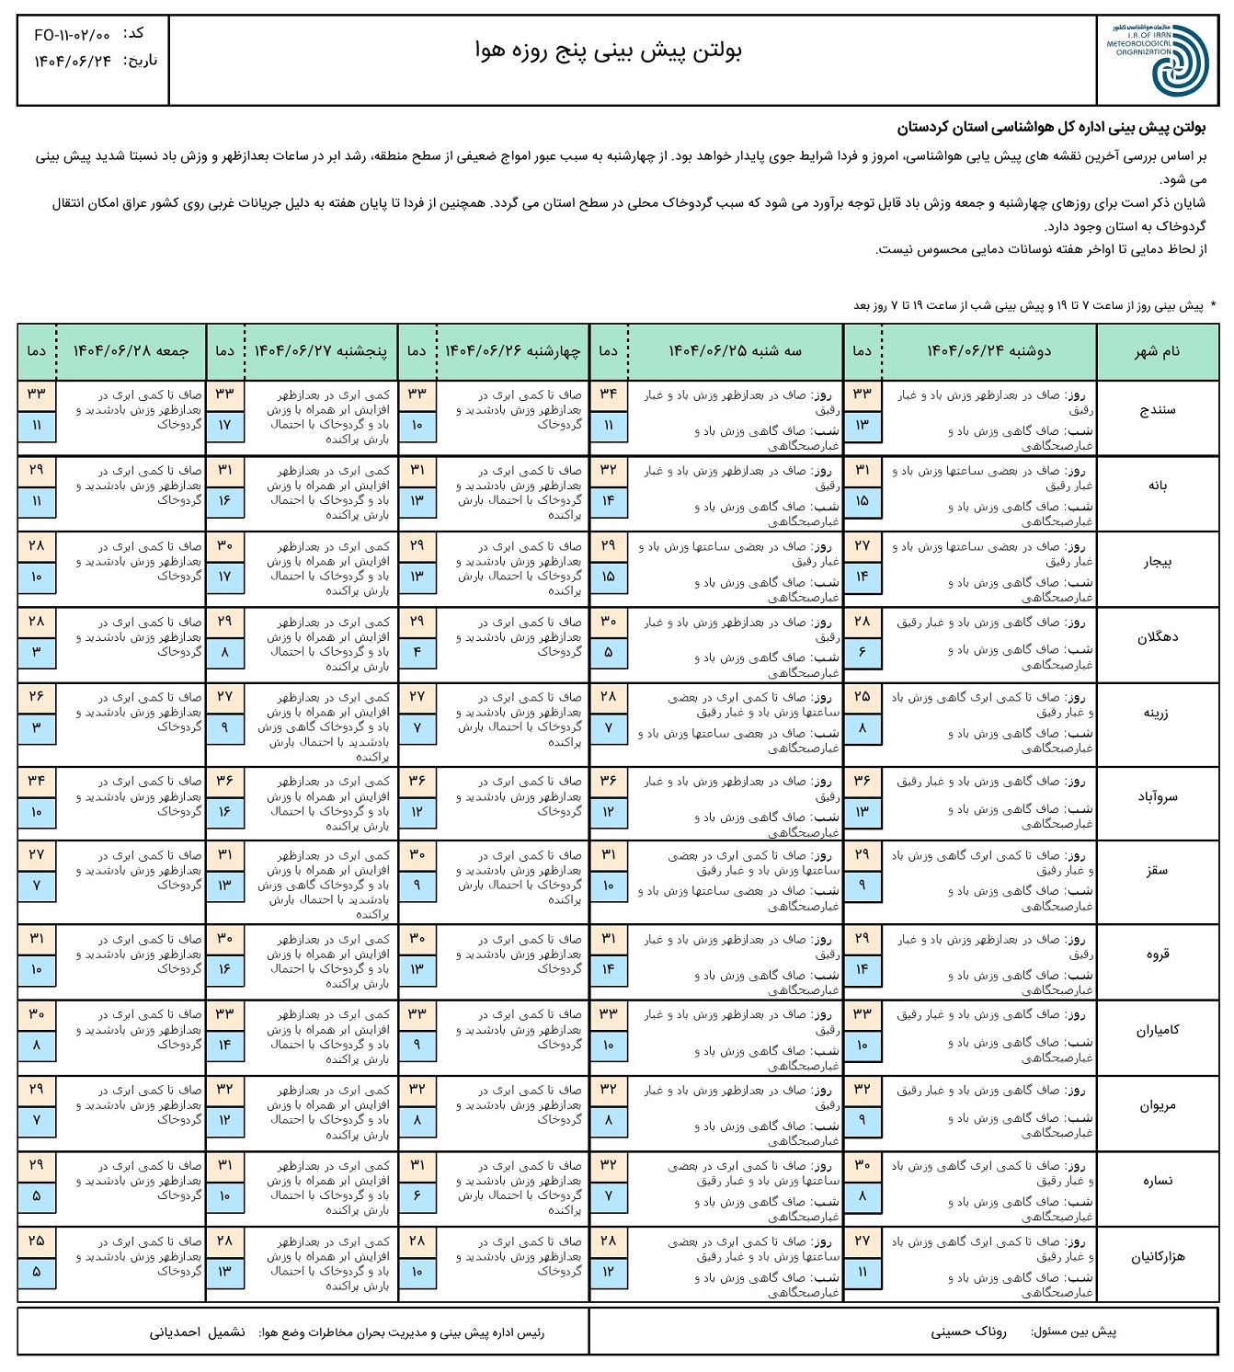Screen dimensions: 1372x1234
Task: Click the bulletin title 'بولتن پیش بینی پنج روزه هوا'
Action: pyautogui.click(x=609, y=51)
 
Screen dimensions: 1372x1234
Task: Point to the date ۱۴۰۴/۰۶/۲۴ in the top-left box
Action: pyautogui.click(x=73, y=62)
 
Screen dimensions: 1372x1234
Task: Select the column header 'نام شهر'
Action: pyautogui.click(x=1157, y=351)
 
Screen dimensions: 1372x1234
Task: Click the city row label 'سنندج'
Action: pyautogui.click(x=1157, y=410)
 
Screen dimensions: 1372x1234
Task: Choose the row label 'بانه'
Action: pyautogui.click(x=1157, y=486)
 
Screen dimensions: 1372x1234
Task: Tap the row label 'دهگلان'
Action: pyautogui.click(x=1157, y=636)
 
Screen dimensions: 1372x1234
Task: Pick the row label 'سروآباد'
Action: pyautogui.click(x=1157, y=796)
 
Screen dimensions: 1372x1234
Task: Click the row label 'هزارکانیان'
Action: pyautogui.click(x=1157, y=1256)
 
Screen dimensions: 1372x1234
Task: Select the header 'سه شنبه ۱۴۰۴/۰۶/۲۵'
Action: pyautogui.click(x=735, y=351)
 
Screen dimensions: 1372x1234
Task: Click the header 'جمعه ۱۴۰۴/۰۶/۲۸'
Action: pyautogui.click(x=131, y=351)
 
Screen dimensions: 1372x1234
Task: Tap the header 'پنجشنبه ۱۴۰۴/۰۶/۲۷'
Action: pyautogui.click(x=320, y=351)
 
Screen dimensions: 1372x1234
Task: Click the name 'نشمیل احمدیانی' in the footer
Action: pyautogui.click(x=198, y=1332)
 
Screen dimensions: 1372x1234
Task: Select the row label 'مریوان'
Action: pyautogui.click(x=1157, y=1105)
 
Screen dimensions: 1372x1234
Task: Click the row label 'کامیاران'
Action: pyautogui.click(x=1157, y=1030)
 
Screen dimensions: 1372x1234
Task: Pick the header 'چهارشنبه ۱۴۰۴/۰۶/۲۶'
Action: pyautogui.click(x=512, y=351)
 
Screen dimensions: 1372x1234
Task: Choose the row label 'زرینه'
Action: pyautogui.click(x=1157, y=713)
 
